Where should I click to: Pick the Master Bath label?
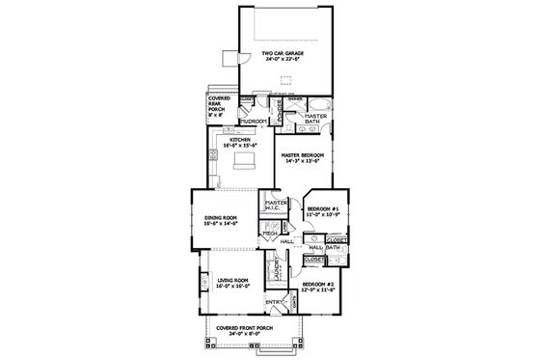coord(317,119)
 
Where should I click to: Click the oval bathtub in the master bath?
coord(322,101)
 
